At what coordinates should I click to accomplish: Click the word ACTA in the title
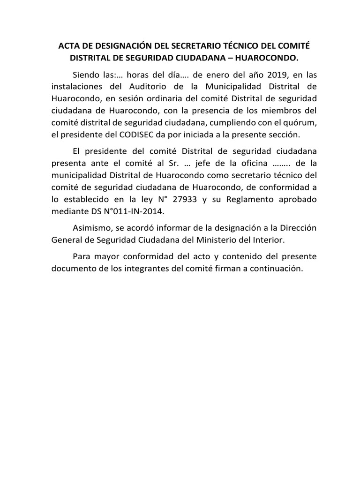click(68, 47)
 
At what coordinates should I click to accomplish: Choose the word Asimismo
click(93, 228)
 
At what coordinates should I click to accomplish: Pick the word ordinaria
click(142, 99)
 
